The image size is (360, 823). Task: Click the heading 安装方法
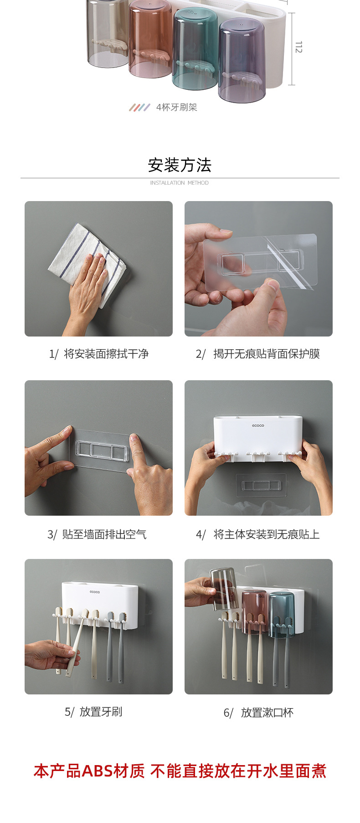[180, 165]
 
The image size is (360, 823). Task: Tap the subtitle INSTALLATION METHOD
[180, 183]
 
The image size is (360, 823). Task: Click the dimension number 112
[298, 47]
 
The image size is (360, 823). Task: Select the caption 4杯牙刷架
[176, 107]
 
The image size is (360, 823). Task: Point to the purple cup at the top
[242, 60]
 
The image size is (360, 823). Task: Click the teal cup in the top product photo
[195, 48]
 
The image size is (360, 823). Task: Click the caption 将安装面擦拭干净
[106, 354]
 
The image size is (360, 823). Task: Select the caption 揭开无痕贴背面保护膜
[267, 354]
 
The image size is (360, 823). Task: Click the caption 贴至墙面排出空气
[104, 534]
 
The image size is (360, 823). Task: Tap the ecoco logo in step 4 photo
[258, 426]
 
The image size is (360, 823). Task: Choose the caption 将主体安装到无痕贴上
[267, 534]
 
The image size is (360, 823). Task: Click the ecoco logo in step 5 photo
[95, 592]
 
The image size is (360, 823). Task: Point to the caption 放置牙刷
[101, 712]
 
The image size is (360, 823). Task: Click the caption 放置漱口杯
[267, 713]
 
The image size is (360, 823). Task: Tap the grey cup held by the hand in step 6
[223, 588]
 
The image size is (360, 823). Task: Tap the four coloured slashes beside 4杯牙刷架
[139, 108]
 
